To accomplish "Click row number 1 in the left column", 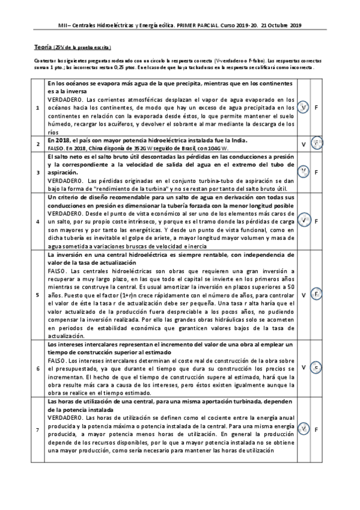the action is tap(39, 107).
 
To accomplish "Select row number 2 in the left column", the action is tap(39, 144).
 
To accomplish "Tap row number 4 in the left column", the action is tap(39, 221).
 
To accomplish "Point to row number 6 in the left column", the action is tap(39, 367).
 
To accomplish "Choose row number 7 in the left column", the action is tap(39, 429).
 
